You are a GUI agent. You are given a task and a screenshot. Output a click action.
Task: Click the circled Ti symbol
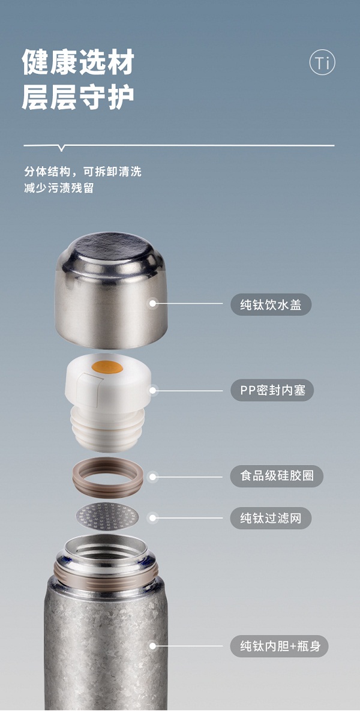point(322,63)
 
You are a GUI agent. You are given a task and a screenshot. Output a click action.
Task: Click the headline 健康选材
point(79,63)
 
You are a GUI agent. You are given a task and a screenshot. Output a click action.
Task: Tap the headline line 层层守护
point(79,97)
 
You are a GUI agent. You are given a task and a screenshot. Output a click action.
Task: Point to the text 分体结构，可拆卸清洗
point(83,172)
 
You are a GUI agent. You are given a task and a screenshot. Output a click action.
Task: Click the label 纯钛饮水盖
point(271,304)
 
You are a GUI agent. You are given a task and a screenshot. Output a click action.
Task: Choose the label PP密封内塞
point(272,390)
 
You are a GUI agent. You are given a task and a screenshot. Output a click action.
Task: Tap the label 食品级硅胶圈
point(277,476)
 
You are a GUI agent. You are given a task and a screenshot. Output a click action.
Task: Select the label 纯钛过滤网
point(271,518)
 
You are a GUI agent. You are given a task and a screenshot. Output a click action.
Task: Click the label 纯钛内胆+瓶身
point(279,646)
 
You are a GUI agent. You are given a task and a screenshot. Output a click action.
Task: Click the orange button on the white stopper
point(107,367)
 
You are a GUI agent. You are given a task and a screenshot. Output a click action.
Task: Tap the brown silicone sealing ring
point(108,478)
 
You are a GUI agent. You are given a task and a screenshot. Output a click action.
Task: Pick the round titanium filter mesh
point(108,516)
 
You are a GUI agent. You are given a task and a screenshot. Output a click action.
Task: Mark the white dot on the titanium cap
point(153,303)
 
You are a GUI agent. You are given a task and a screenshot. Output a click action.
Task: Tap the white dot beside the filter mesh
point(153,517)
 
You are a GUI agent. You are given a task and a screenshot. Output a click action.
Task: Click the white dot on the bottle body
point(153,646)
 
